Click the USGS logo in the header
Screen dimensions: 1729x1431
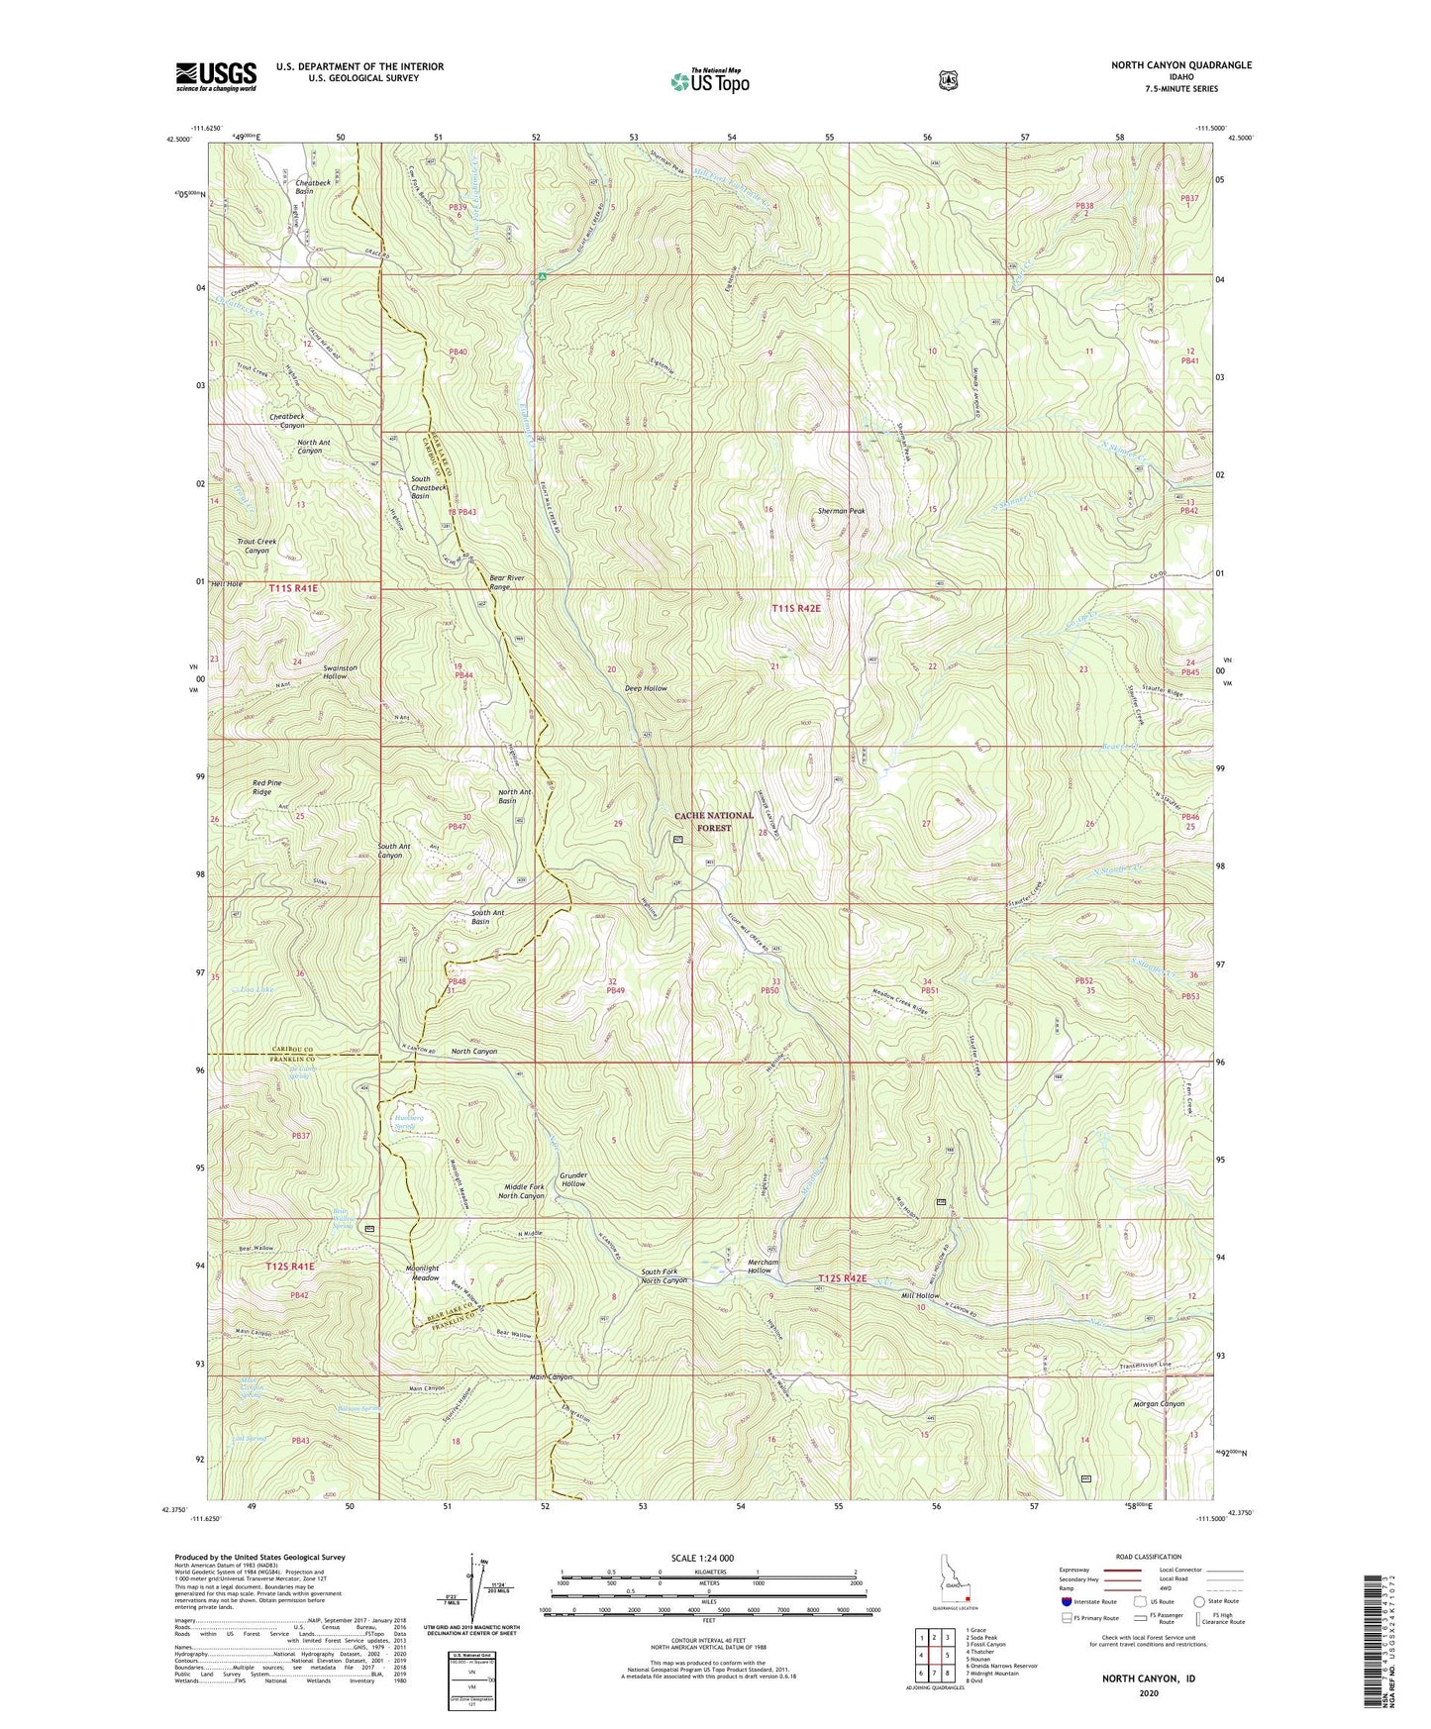(216, 75)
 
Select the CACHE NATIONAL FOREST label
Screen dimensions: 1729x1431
(714, 821)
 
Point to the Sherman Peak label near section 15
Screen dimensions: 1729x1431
(841, 511)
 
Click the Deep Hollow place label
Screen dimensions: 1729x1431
(646, 687)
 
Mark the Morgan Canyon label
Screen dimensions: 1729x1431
(1158, 1403)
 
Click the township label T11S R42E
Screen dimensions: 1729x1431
(795, 609)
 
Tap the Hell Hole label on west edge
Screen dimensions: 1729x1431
(227, 584)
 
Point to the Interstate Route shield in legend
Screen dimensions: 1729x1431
(1066, 1600)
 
